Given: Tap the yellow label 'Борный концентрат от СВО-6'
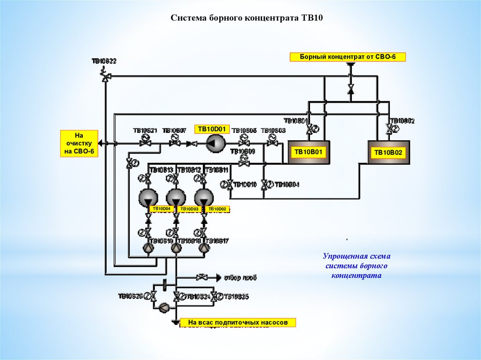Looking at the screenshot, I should tap(348, 57).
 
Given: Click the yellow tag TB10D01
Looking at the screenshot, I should tap(212, 129).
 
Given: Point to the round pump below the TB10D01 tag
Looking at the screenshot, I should tap(216, 144).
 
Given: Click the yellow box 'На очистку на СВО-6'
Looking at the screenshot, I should tap(79, 144).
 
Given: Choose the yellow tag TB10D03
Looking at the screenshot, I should tap(189, 209).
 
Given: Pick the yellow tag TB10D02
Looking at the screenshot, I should tap(217, 209).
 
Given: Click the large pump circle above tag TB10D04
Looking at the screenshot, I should tap(148, 197).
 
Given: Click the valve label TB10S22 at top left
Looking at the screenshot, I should tap(104, 61).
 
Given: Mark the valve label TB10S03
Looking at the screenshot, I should tap(273, 130).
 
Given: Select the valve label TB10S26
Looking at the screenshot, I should tap(130, 296).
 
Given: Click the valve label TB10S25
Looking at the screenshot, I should tap(236, 297).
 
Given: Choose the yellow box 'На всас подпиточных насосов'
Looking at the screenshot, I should tap(238, 322).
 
